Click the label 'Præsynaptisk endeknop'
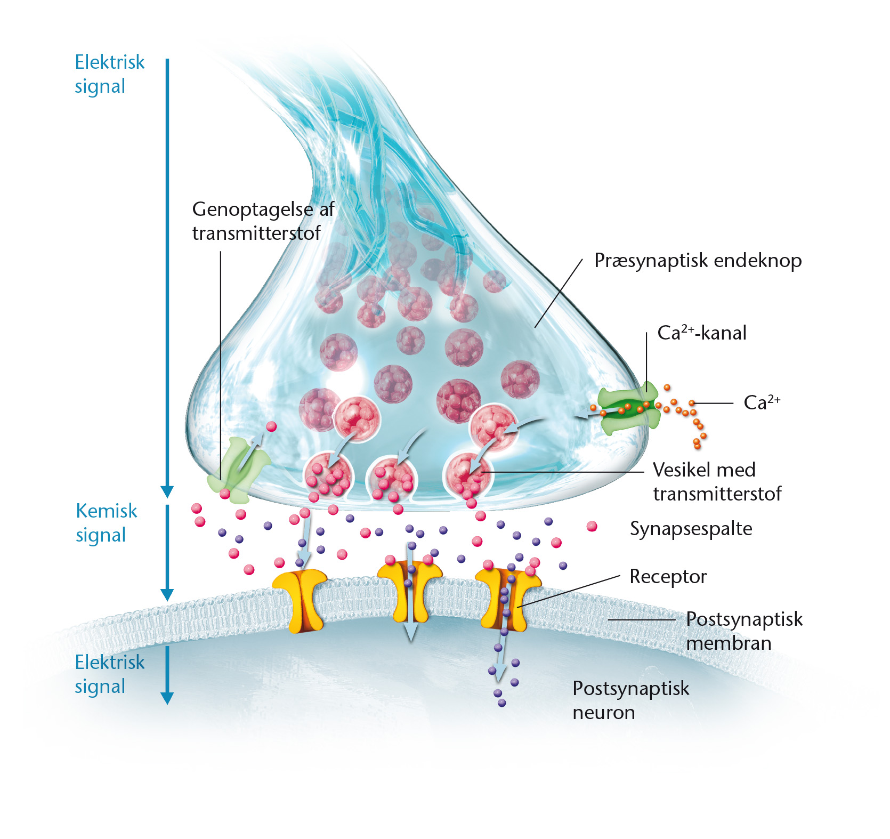pyautogui.click(x=698, y=261)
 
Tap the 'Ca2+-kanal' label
pyautogui.click(x=702, y=333)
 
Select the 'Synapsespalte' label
pyautogui.click(x=691, y=529)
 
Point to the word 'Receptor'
pyautogui.click(x=668, y=577)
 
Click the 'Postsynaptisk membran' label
pyautogui.click(x=744, y=631)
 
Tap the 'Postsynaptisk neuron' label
pyautogui.click(x=631, y=700)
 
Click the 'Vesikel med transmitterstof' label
pyautogui.click(x=717, y=481)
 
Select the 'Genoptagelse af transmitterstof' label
pyautogui.click(x=263, y=221)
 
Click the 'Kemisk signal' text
pyautogui.click(x=107, y=522)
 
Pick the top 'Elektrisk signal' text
pyautogui.click(x=110, y=74)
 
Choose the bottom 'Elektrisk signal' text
pyautogui.click(x=110, y=674)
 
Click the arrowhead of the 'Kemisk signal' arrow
pyautogui.click(x=167, y=595)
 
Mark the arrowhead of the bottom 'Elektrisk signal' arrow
pyautogui.click(x=167, y=698)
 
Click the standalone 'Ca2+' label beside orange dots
pyautogui.click(x=762, y=402)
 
